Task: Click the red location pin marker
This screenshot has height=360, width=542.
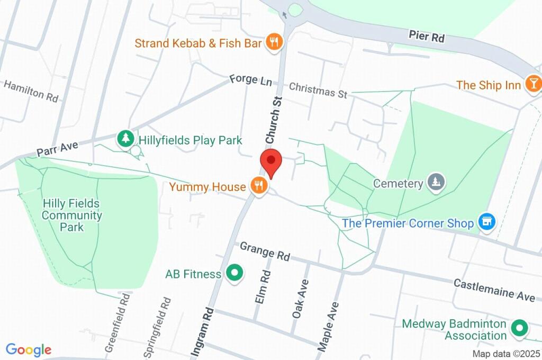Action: point(271,161)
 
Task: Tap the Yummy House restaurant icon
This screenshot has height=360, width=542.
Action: point(258,186)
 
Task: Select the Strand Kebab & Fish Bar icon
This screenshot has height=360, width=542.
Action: point(274,42)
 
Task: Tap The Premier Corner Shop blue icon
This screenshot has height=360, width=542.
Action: point(486,222)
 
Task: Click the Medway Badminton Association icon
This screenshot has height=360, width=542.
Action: point(520,329)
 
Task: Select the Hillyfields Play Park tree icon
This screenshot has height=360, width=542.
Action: point(125,139)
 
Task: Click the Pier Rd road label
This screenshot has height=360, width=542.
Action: point(426,37)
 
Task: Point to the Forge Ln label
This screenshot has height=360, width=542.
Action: point(250,80)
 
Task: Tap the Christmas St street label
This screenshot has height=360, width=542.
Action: point(318,90)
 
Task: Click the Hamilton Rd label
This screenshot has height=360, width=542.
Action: point(30,91)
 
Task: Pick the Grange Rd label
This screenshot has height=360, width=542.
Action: point(265,251)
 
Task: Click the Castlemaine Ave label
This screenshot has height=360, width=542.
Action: point(494,291)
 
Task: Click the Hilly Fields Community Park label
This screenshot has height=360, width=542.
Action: point(71,215)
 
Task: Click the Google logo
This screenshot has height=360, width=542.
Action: point(28,349)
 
